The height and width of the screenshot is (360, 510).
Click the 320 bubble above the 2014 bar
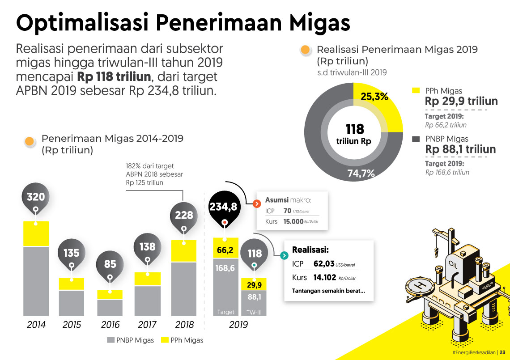tap(36, 197)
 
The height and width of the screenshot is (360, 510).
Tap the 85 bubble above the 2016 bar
tap(110, 264)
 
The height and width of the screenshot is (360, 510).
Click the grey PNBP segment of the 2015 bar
tap(72, 303)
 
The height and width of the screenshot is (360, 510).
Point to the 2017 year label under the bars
tap(147, 325)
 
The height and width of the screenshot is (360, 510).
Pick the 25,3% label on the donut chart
tap(374, 97)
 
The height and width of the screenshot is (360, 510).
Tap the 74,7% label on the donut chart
tap(361, 174)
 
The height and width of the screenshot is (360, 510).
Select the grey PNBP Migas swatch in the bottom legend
tap(111, 340)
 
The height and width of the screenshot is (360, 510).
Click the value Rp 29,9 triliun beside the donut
tap(461, 101)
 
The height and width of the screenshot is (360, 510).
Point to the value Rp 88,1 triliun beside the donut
tap(460, 149)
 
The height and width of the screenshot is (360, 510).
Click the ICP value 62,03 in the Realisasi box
tap(324, 264)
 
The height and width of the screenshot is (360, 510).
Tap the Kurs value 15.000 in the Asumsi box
tap(293, 221)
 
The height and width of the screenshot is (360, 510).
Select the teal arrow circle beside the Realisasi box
tap(284, 255)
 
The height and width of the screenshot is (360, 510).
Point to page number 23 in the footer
tap(502, 352)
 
